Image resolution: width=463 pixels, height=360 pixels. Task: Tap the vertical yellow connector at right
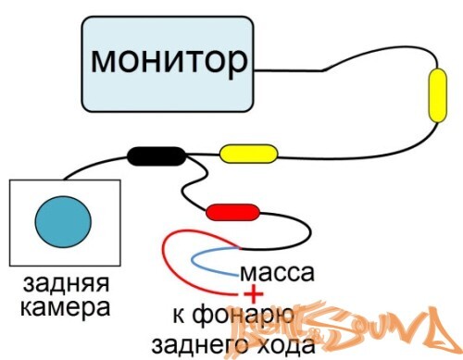[435, 95]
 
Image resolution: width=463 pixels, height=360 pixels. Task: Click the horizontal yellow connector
[249, 151]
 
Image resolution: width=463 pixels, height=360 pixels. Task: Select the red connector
[232, 213]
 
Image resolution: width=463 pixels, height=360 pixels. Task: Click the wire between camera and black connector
[93, 164]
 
